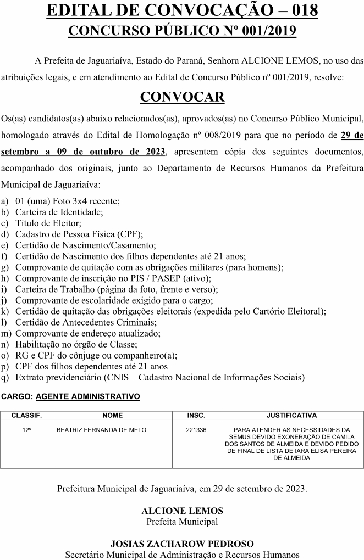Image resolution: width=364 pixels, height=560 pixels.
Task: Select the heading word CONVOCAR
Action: point(182,97)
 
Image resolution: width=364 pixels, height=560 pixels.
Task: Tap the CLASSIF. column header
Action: point(27,416)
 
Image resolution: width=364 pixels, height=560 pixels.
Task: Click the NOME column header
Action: point(113,416)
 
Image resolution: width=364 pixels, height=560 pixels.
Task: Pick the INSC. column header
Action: point(196,416)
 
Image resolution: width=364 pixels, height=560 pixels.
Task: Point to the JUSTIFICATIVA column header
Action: point(291,416)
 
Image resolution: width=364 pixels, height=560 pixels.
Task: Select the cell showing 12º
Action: point(27,430)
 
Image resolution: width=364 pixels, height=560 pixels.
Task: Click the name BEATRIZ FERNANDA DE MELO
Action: point(101,430)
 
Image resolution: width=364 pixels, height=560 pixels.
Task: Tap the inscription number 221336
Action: point(196,430)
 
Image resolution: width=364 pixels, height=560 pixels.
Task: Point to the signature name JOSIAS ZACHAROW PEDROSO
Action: point(182,544)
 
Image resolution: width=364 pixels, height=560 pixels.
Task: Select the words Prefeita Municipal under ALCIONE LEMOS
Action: point(182,522)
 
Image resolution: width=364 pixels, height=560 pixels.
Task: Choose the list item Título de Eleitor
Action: point(48,223)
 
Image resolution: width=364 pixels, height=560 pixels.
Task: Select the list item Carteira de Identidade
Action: point(59,212)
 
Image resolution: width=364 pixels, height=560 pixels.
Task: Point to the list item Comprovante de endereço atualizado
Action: point(88,333)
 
